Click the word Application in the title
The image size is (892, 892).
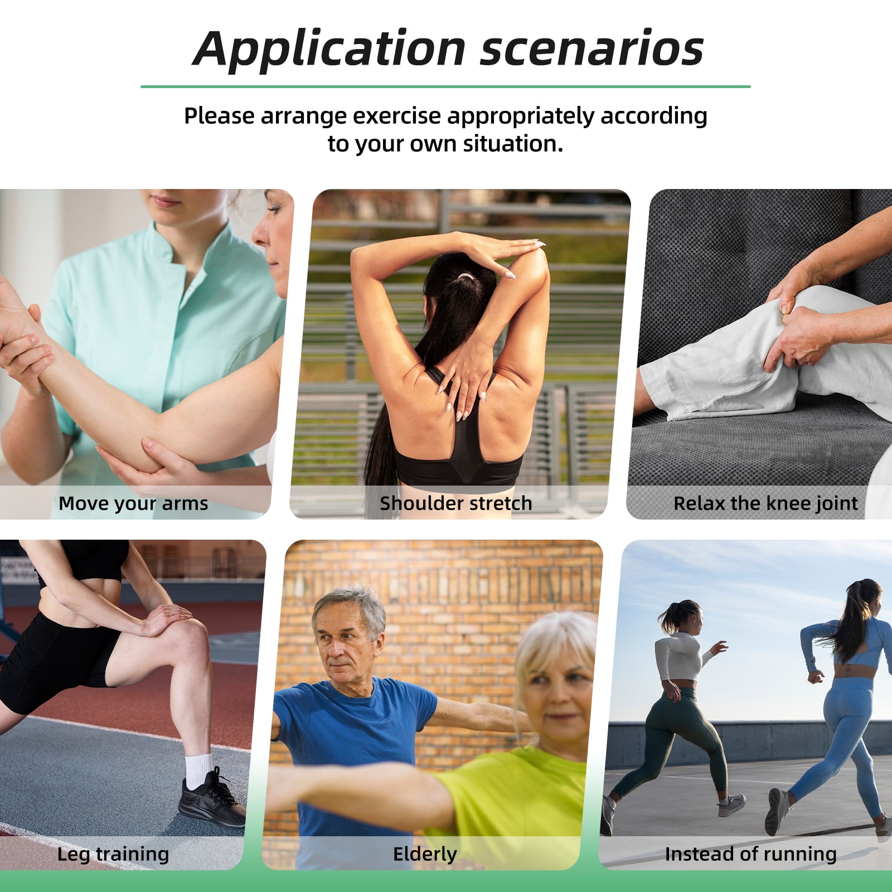coord(329,50)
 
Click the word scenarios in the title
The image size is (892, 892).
coord(592,50)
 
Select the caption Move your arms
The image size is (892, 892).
coord(133,503)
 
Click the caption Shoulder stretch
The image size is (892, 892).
coord(456,503)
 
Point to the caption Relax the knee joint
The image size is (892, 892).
coord(765,503)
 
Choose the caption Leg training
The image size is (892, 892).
coord(113,854)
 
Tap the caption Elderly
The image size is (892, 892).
coord(425,854)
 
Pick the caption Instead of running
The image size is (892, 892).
coord(751,854)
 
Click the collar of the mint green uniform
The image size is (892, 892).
coord(167,248)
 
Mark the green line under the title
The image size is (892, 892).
coord(445,86)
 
